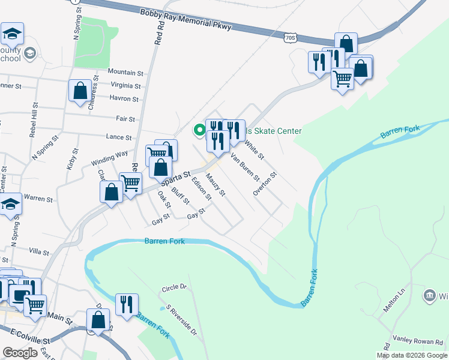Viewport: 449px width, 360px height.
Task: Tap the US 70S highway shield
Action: pos(291,38)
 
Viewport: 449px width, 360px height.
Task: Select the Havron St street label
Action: pos(124,98)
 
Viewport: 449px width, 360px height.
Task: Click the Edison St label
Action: pos(202,188)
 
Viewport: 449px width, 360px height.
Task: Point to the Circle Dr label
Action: pos(174,289)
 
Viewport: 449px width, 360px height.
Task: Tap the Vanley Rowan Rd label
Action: pos(417,339)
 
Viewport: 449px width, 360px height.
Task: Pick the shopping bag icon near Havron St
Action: pos(80,91)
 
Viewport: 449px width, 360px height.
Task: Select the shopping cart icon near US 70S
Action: pos(342,78)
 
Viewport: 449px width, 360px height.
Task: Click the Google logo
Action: pos(20,353)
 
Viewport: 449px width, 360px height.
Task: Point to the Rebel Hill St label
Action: pos(34,120)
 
